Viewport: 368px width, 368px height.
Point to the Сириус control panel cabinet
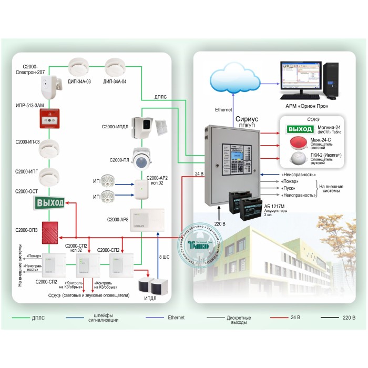(232, 165)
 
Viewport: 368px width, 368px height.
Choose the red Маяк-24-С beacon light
(298, 145)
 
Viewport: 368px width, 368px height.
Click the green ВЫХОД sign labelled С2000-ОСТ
(49, 202)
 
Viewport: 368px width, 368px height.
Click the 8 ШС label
(165, 257)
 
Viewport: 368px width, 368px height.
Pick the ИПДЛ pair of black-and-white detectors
(150, 286)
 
